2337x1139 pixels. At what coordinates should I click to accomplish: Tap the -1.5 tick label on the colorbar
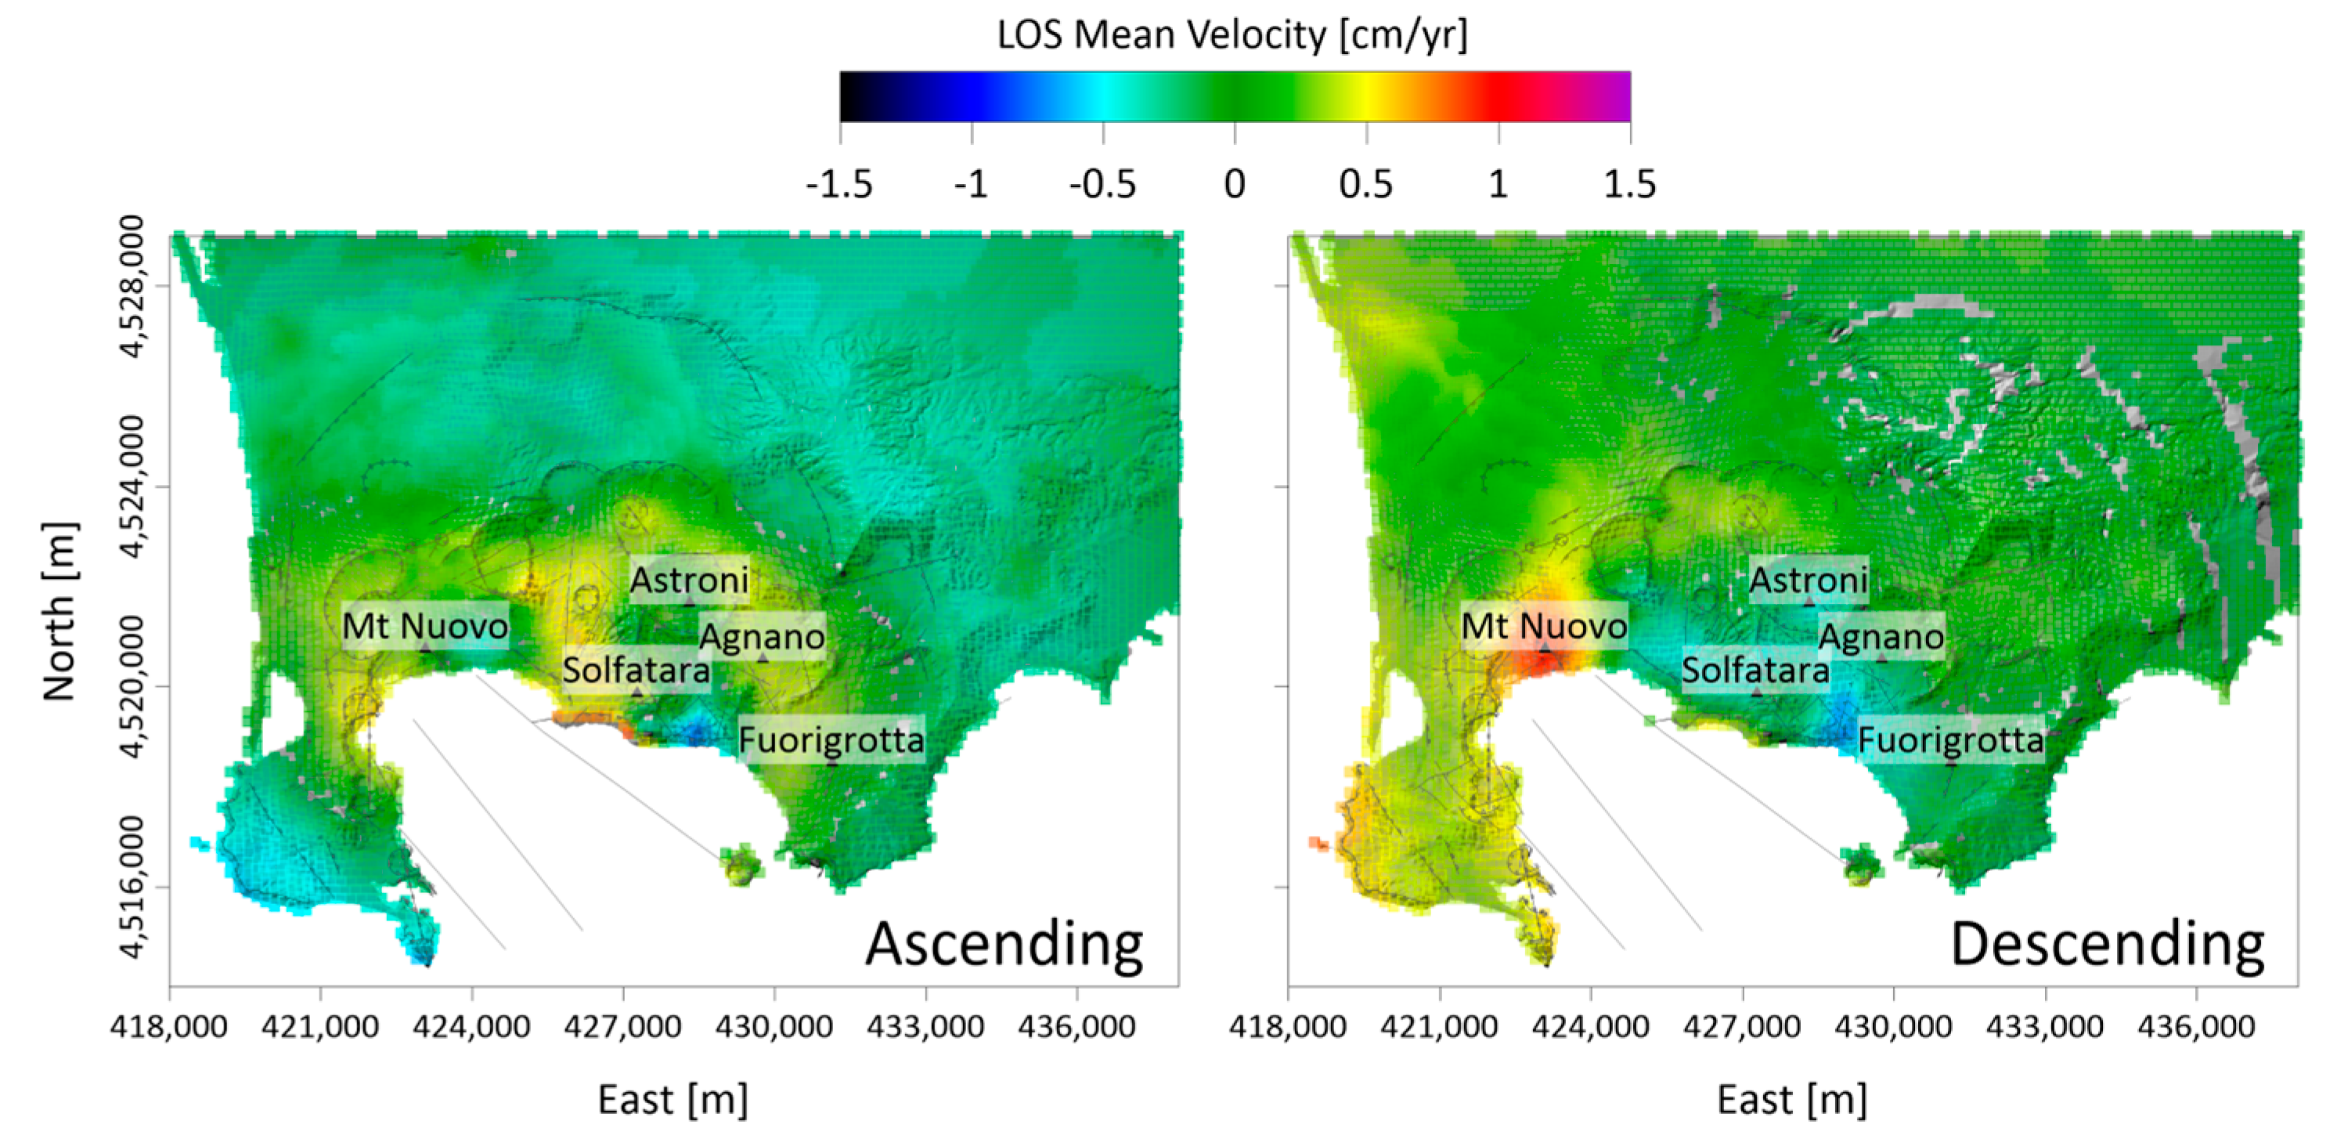[x=839, y=184]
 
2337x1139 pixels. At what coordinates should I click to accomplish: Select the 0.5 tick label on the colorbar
[x=1365, y=184]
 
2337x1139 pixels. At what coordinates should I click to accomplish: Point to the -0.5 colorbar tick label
[x=1102, y=184]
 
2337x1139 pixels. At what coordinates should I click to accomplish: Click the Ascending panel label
[x=1004, y=944]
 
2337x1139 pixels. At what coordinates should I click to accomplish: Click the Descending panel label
[x=2107, y=944]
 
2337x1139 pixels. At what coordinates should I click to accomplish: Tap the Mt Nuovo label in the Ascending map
[x=424, y=625]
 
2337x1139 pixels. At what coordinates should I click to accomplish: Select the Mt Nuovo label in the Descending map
[x=1544, y=625]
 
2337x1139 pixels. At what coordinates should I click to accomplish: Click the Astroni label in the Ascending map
[x=690, y=579]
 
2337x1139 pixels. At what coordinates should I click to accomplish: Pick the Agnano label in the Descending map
[x=1881, y=636]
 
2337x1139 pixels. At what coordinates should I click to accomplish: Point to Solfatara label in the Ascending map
[x=636, y=670]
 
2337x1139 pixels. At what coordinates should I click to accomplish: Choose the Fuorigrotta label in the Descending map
[x=1950, y=739]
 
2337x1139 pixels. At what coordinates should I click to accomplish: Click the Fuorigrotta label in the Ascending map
[x=831, y=739]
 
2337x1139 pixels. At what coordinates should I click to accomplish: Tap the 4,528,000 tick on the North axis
[x=132, y=286]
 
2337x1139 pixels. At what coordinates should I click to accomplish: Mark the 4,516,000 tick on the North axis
[x=132, y=887]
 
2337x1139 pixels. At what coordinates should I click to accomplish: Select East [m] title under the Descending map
[x=1792, y=1099]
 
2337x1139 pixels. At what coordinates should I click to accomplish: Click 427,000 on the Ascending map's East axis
[x=622, y=1026]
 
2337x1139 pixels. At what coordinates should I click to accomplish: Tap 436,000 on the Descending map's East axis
[x=2195, y=1026]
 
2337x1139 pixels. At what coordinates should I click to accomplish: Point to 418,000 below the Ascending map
[x=169, y=1026]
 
